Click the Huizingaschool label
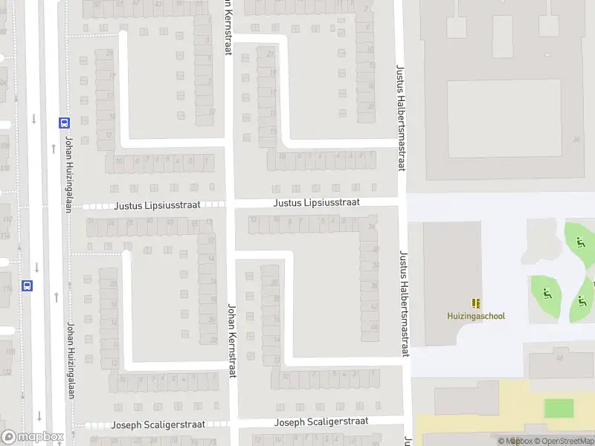pyautogui.click(x=476, y=316)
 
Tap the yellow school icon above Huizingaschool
pyautogui.click(x=476, y=303)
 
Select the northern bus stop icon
pyautogui.click(x=65, y=124)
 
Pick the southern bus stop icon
pyautogui.click(x=28, y=285)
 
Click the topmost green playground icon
pyautogui.click(x=580, y=241)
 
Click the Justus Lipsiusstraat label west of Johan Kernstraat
pyautogui.click(x=157, y=204)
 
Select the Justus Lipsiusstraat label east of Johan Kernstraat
pyautogui.click(x=316, y=202)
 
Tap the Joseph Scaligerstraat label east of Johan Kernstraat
pyautogui.click(x=321, y=421)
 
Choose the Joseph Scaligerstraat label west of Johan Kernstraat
pyautogui.click(x=157, y=425)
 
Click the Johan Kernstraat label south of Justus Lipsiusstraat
pyautogui.click(x=231, y=340)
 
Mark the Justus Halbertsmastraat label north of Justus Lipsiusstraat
pyautogui.click(x=400, y=117)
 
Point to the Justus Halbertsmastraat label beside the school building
pyautogui.click(x=406, y=303)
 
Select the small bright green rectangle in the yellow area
pyautogui.click(x=559, y=408)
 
